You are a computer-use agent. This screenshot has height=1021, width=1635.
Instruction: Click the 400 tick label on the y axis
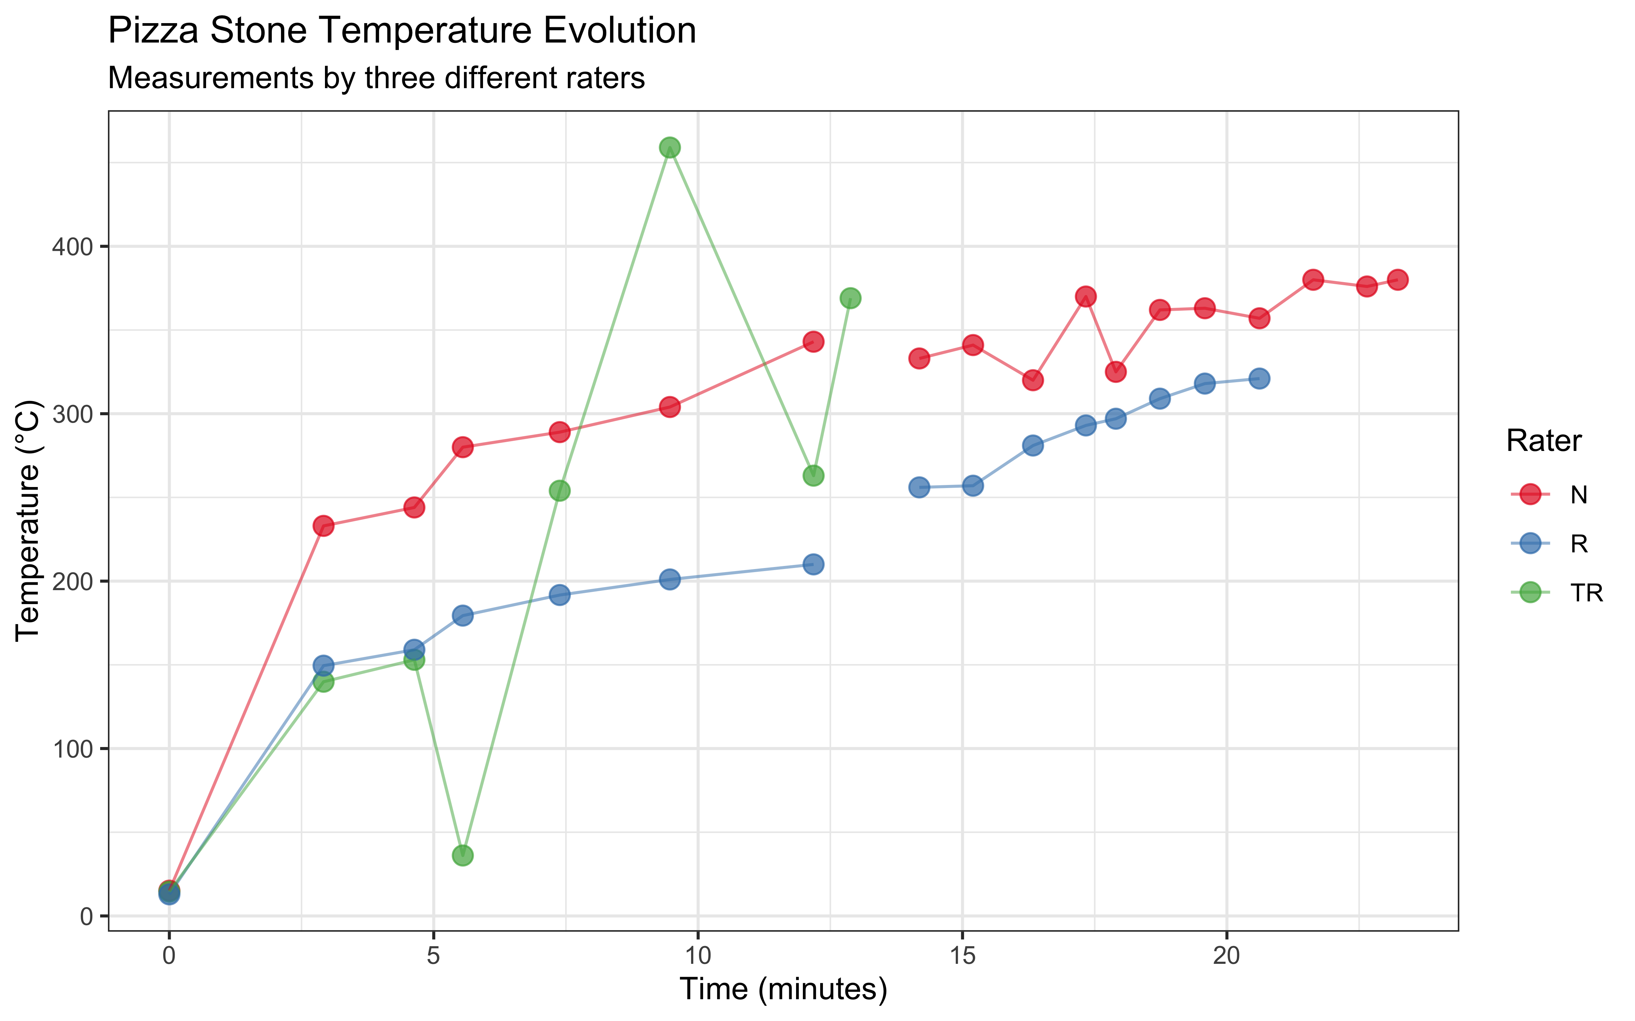[72, 246]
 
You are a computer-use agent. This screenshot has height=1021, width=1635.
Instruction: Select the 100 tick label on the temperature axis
[72, 749]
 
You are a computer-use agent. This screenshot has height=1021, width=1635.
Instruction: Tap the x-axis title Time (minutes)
[783, 989]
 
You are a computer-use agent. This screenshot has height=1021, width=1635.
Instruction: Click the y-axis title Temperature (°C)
[28, 520]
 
